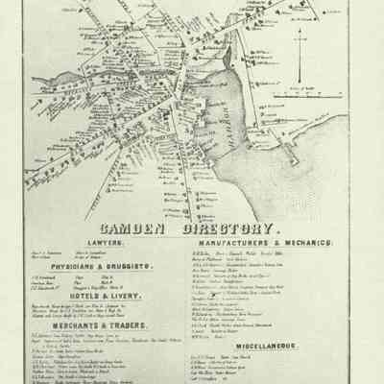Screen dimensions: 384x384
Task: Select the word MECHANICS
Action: [x=306, y=246]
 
